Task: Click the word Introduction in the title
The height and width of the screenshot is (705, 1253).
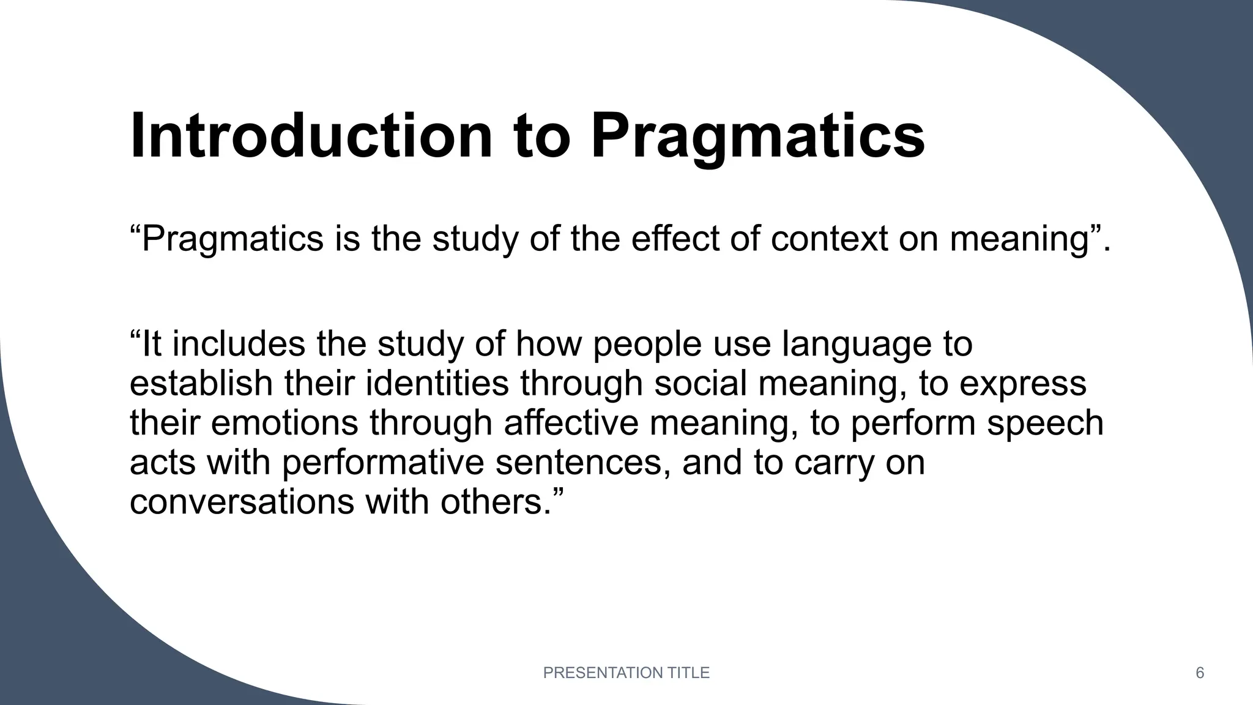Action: [x=311, y=136]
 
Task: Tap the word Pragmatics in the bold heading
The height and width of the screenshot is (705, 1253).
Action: [x=757, y=136]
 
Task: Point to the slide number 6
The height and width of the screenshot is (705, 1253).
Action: [x=1200, y=673]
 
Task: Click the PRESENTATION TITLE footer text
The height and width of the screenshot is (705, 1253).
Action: [x=626, y=673]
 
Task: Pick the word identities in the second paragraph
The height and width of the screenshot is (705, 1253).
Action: [x=437, y=384]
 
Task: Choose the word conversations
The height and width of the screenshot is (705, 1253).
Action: [x=242, y=502]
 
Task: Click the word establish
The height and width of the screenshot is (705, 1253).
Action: [x=201, y=384]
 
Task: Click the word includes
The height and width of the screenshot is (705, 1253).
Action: [x=239, y=345]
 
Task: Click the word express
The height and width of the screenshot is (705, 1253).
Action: [x=1022, y=384]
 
